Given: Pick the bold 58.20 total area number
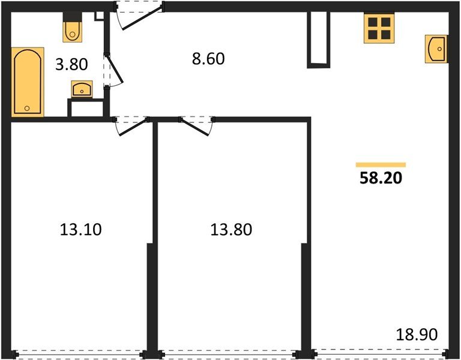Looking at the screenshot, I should pyautogui.click(x=381, y=178).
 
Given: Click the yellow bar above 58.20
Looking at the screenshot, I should pyautogui.click(x=381, y=164).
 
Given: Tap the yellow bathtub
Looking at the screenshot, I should pyautogui.click(x=28, y=82).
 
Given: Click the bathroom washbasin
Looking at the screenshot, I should pyautogui.click(x=81, y=89).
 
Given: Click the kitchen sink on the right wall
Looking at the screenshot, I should pyautogui.click(x=436, y=49).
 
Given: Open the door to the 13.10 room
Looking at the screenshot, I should pyautogui.click(x=132, y=125).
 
